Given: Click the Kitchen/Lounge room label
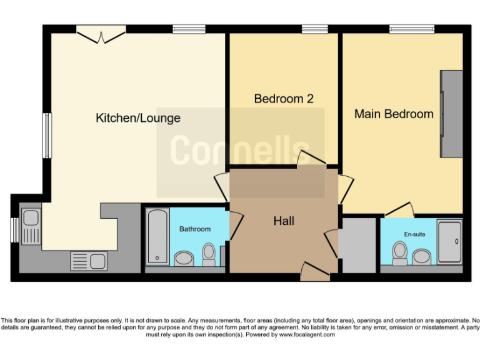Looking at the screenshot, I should tap(137, 117).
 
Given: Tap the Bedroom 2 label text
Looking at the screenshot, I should tap(283, 99).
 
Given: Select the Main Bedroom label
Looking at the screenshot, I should tap(394, 114).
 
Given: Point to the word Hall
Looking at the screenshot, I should tap(284, 221).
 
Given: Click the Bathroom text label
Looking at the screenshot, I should tap(195, 229).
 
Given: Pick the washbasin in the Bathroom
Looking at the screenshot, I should tap(184, 257).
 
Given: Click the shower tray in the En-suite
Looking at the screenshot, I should tap(449, 241).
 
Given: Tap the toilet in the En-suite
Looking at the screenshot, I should tap(400, 252).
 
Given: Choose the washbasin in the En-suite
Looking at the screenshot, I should tap(422, 256).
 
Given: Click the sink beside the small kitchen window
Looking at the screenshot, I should tap(30, 226).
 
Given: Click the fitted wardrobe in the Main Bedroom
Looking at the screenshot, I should tap(451, 113).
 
